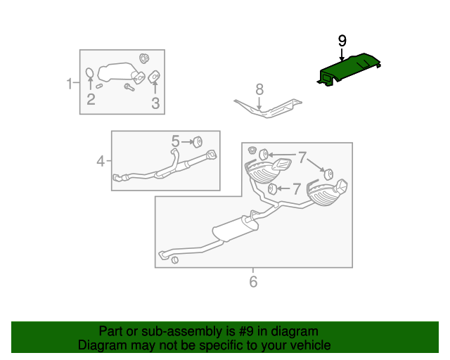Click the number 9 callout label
click(342, 41)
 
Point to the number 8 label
click(259, 89)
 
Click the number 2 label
click(91, 99)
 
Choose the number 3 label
click(155, 104)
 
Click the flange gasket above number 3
click(155, 77)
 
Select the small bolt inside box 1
click(129, 86)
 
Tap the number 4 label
click(101, 162)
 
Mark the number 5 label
click(176, 141)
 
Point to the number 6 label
click(253, 282)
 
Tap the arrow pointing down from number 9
click(342, 56)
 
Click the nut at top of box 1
click(145, 58)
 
